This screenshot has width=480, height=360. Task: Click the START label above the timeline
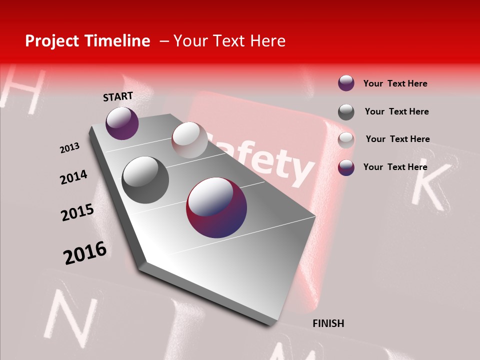click(118, 96)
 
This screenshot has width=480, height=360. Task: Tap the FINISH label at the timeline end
click(328, 323)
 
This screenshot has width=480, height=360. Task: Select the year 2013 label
click(69, 148)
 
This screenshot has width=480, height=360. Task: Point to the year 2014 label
click(73, 177)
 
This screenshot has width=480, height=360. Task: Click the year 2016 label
click(85, 253)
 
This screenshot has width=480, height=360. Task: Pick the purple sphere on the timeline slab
click(122, 123)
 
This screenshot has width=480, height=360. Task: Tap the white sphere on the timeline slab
click(189, 140)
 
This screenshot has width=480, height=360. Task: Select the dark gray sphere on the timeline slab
click(145, 179)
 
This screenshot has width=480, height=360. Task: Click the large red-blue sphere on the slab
click(216, 207)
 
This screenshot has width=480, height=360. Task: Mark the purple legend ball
click(346, 83)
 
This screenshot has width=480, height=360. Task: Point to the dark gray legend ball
click(346, 112)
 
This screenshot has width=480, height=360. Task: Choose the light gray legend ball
click(346, 140)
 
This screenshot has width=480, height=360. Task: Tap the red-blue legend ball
click(346, 167)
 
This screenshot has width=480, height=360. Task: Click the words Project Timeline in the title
click(87, 41)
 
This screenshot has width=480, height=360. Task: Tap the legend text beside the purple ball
click(395, 83)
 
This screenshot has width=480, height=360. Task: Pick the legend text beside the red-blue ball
click(395, 167)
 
